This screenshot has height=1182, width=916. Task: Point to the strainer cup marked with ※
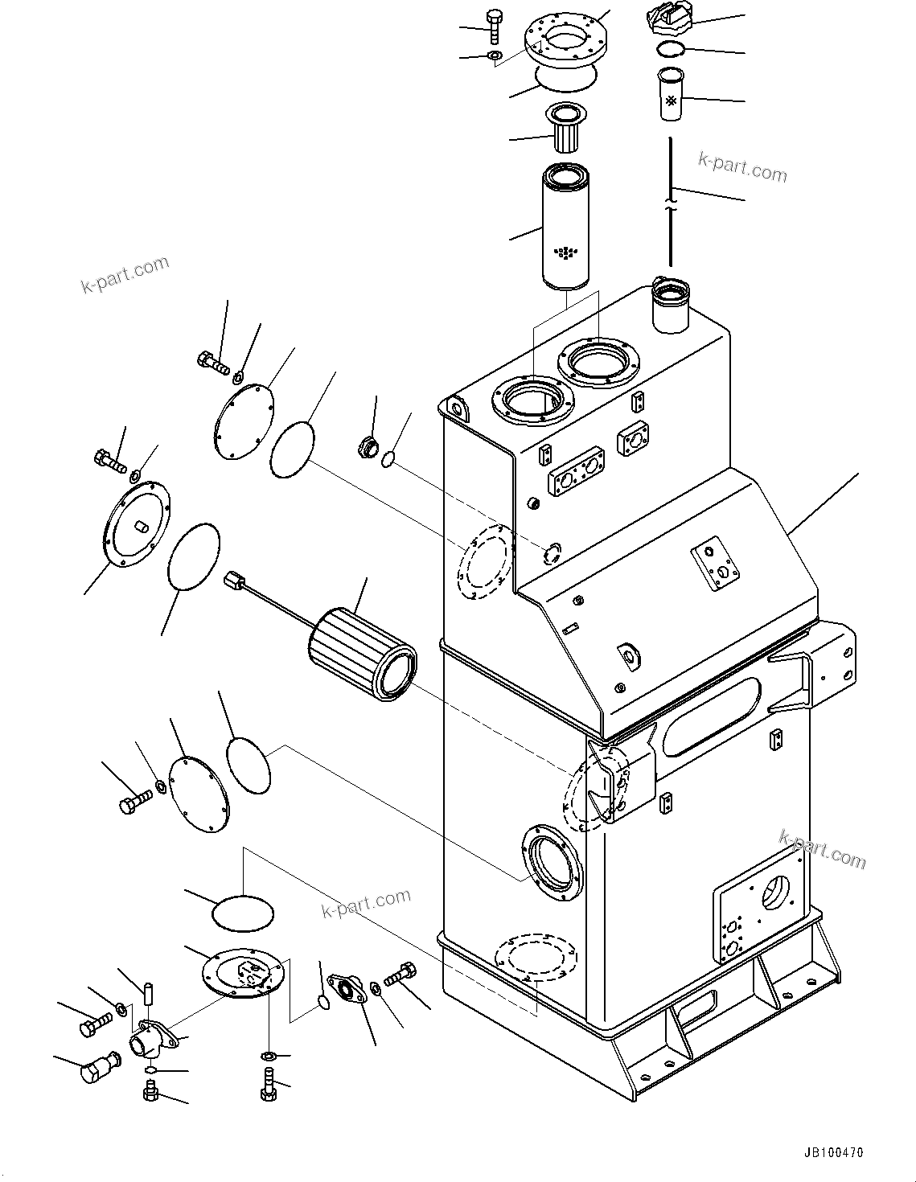tap(669, 95)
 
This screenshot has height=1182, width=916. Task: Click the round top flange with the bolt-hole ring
tap(566, 39)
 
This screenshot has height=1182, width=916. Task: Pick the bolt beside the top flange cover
tap(493, 25)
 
